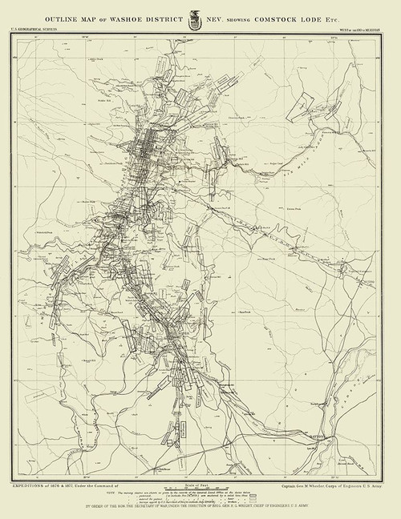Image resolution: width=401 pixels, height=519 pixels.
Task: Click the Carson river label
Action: click(x=365, y=400)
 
